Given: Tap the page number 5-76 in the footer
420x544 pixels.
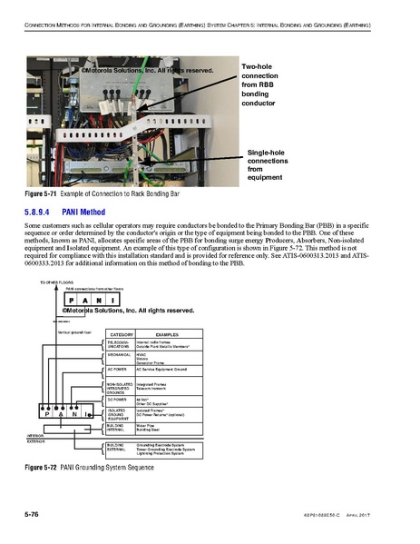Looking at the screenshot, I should [35, 516].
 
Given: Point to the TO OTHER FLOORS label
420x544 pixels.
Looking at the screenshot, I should [56, 283].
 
